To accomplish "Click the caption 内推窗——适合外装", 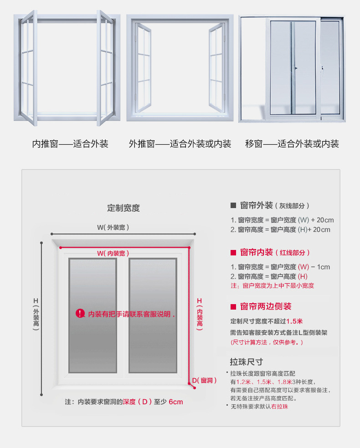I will (70, 144).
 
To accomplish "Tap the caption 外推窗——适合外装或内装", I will (180, 144).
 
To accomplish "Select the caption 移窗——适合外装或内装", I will (292, 144).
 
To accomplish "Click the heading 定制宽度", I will (123, 208).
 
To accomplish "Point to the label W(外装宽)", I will (116, 227).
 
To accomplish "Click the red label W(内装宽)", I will (113, 253).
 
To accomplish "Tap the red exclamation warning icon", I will (80, 313).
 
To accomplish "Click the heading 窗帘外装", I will (256, 205).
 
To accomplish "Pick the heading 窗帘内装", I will (256, 252).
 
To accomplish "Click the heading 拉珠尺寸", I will (246, 362).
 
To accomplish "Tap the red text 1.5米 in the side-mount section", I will (295, 321).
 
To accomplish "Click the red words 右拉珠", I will (279, 406).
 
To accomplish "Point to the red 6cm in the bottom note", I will (175, 402).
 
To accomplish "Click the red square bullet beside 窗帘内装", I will (232, 253).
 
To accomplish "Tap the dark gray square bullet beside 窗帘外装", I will (232, 205).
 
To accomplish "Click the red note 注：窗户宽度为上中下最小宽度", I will (273, 286).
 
